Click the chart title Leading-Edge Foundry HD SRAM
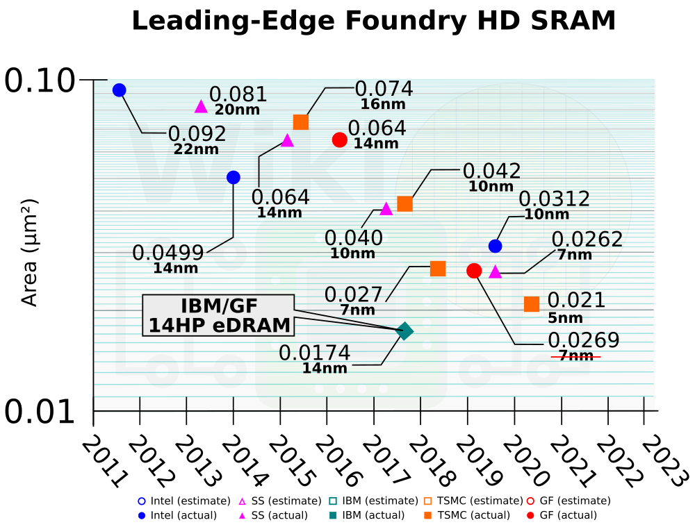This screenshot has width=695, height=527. (x=373, y=21)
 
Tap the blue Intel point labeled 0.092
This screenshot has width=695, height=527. (x=119, y=90)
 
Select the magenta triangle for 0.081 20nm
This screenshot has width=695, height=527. (x=201, y=106)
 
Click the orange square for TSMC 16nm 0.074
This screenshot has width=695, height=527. (x=301, y=122)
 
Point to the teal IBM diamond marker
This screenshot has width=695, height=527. (x=404, y=331)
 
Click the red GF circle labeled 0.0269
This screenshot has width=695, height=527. (x=474, y=271)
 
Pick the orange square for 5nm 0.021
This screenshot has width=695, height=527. (x=532, y=304)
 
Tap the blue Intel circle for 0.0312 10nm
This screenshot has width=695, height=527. (x=495, y=246)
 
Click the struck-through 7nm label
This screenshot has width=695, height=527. (x=576, y=356)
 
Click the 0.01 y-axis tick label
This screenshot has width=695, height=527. (x=40, y=412)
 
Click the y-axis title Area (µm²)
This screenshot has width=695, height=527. (x=29, y=253)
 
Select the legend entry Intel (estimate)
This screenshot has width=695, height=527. (x=184, y=501)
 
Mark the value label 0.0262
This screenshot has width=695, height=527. (x=587, y=240)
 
